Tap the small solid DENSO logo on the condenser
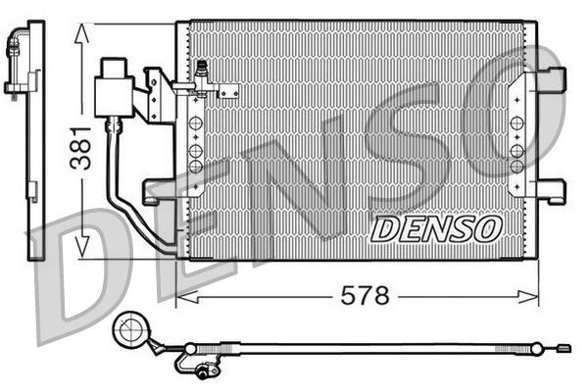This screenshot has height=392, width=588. pos(436,228)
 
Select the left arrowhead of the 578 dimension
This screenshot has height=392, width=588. pos(183,294)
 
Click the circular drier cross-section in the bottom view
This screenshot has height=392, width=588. pos(128,331)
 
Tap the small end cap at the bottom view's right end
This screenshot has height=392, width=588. pos(563,347)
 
